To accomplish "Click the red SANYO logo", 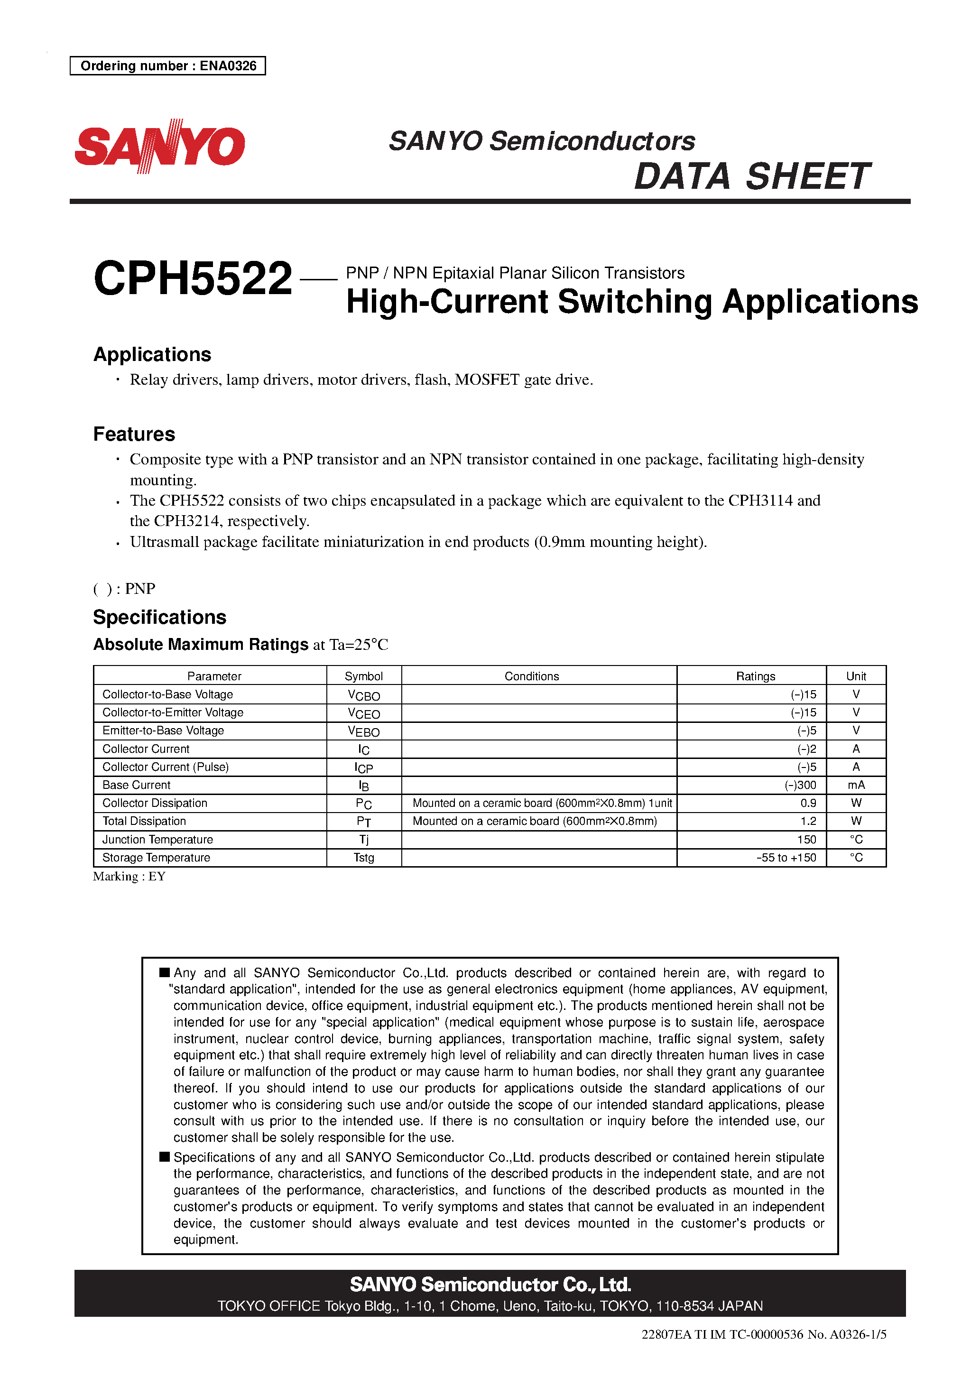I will coord(159,146).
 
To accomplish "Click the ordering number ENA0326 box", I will coord(168,65).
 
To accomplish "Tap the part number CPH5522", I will coord(193,278).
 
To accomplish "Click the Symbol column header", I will coord(364,676).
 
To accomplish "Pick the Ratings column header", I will coord(755,676).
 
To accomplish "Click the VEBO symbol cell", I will coord(364,731).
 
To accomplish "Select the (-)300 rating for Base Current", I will coord(801,785).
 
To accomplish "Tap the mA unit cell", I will coord(856,785).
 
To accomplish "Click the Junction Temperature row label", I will coord(157,839).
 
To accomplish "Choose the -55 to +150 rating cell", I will coord(786,857).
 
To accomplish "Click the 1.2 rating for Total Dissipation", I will coord(808,821).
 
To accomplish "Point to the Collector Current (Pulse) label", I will coord(166,767).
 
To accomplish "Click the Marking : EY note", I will coord(129,876).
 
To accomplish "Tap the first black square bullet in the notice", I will coord(164,972).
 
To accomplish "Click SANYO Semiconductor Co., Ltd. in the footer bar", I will coord(490,1285).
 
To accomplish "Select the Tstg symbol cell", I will coord(364,857).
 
